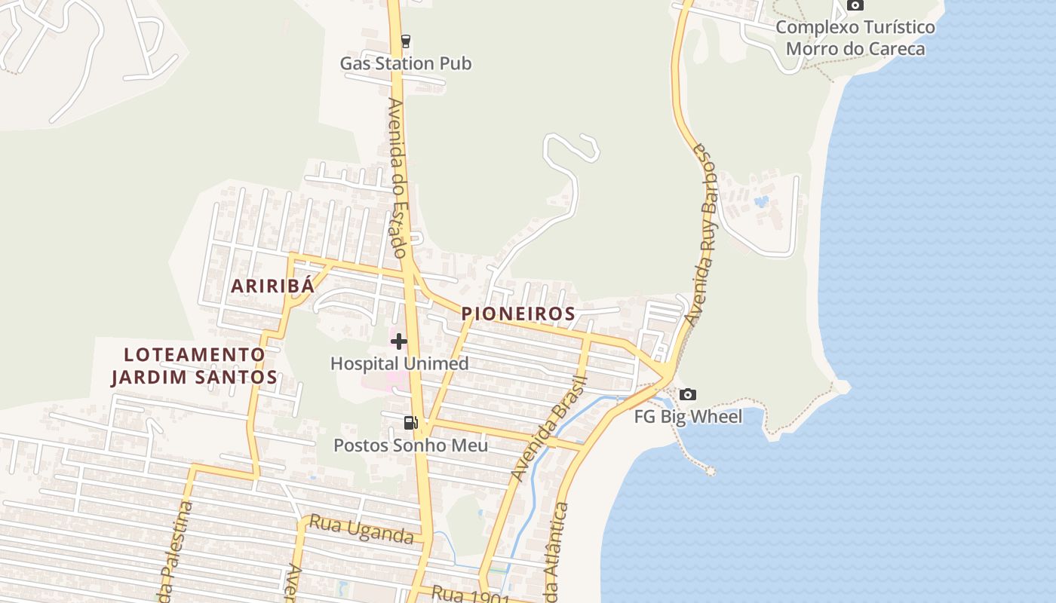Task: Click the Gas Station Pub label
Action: (x=406, y=63)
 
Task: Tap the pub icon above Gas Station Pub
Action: (x=406, y=41)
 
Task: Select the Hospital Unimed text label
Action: (x=399, y=363)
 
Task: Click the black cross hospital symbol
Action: (x=399, y=341)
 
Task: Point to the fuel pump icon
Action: (x=410, y=423)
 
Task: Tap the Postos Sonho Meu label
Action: (x=410, y=445)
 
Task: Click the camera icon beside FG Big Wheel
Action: (x=687, y=394)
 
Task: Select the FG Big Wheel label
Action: (x=688, y=417)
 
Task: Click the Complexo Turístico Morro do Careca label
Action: (x=855, y=38)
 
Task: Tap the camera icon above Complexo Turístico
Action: (x=855, y=5)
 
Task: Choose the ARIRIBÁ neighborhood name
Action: (x=272, y=286)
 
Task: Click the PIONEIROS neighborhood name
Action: (x=518, y=314)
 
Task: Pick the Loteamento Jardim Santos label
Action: (x=195, y=366)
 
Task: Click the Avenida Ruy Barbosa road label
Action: (x=701, y=234)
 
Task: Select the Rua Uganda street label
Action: (x=361, y=529)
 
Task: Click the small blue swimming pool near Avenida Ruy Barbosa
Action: (x=761, y=201)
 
